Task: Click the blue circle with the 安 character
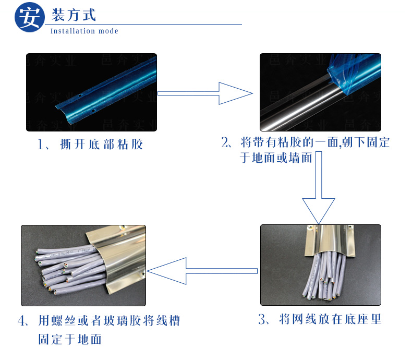click(29, 17)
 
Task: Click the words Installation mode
click(84, 31)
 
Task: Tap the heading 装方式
click(74, 15)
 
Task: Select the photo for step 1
click(91, 92)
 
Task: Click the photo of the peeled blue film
click(320, 92)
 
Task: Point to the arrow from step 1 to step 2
click(205, 93)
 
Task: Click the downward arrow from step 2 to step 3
click(319, 188)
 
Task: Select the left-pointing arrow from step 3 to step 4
click(202, 271)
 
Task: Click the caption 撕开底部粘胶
click(101, 145)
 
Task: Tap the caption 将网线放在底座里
click(330, 319)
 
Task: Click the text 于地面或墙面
click(276, 158)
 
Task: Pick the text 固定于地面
click(70, 339)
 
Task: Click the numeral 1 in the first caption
click(41, 145)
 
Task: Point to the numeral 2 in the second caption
click(225, 142)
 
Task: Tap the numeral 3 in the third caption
click(262, 319)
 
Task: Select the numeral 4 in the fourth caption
click(21, 321)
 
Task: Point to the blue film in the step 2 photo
click(354, 74)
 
